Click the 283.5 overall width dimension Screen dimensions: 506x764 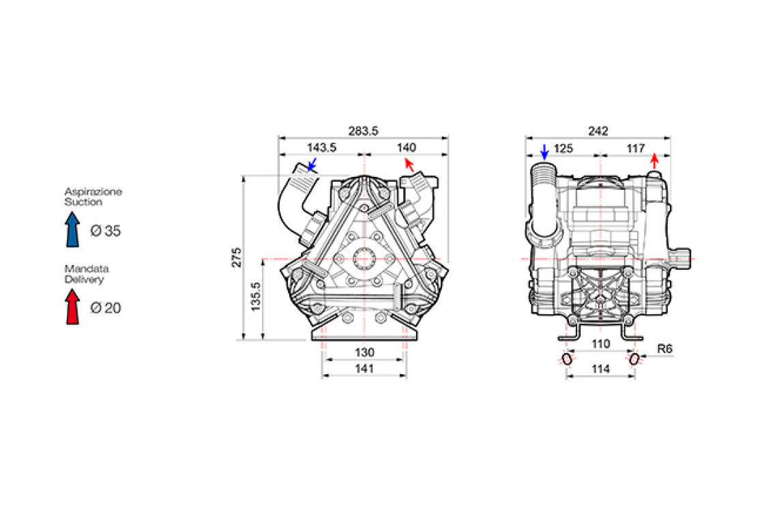(x=363, y=131)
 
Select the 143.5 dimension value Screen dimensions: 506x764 (x=322, y=147)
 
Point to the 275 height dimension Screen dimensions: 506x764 (x=237, y=257)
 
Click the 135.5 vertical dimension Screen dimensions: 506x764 (x=256, y=298)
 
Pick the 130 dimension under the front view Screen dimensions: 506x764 (x=364, y=352)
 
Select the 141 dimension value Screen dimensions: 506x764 (x=364, y=369)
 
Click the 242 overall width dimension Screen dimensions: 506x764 (x=598, y=131)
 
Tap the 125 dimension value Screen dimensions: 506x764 (x=563, y=147)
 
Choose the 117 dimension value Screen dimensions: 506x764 (x=635, y=147)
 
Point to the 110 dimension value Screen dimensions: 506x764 (x=600, y=344)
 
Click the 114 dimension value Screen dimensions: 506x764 (x=600, y=369)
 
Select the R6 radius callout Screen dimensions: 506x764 (x=665, y=349)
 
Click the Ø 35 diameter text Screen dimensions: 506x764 (x=106, y=231)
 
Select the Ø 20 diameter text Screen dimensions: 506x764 (x=106, y=309)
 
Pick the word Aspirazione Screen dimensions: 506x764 (x=93, y=192)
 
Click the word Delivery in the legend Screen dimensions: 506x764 (x=85, y=279)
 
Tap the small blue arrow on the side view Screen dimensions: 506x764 (x=544, y=152)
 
